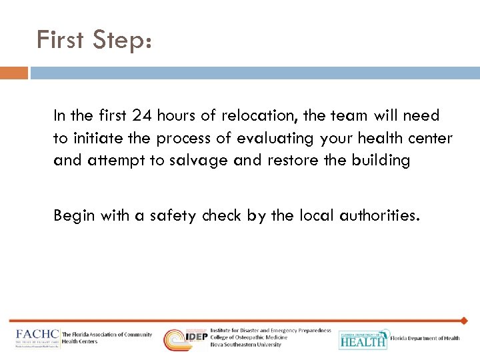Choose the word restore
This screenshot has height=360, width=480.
click(291, 161)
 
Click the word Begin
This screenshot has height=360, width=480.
click(74, 216)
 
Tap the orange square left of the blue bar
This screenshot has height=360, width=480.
click(14, 73)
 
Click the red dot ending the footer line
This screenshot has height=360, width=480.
click(465, 321)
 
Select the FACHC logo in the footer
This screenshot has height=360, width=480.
click(38, 337)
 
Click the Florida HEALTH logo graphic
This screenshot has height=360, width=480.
click(363, 339)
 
